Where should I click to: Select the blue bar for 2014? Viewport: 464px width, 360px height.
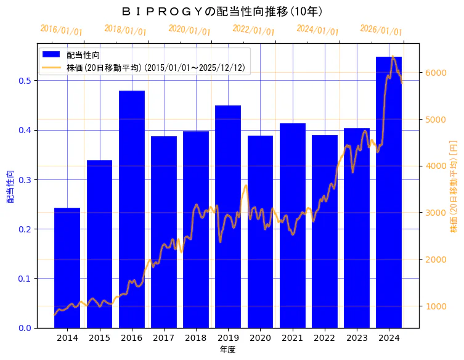(67, 268)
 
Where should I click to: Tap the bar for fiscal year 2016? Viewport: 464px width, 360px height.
(132, 209)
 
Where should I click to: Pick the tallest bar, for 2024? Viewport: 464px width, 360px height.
(389, 192)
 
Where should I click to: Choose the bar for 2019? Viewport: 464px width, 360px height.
(228, 216)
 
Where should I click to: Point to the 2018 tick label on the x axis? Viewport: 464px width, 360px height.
(196, 338)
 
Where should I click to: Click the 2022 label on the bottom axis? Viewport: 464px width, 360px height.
(325, 338)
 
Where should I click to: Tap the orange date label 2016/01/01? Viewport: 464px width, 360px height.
(61, 30)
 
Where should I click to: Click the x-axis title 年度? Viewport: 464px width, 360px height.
(228, 350)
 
